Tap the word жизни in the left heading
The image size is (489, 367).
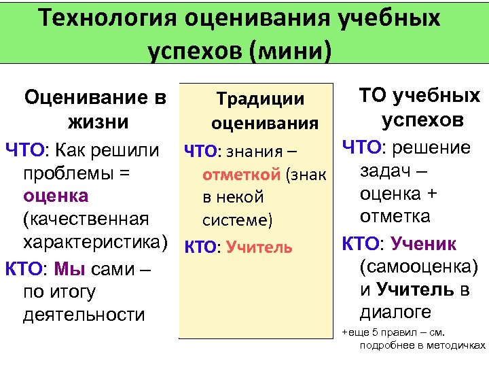pos(96,123)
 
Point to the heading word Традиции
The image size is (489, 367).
pos(259,99)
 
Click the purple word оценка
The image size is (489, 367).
pos(56,196)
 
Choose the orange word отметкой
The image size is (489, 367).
pos(241,175)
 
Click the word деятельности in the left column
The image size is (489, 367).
pos(84,315)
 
